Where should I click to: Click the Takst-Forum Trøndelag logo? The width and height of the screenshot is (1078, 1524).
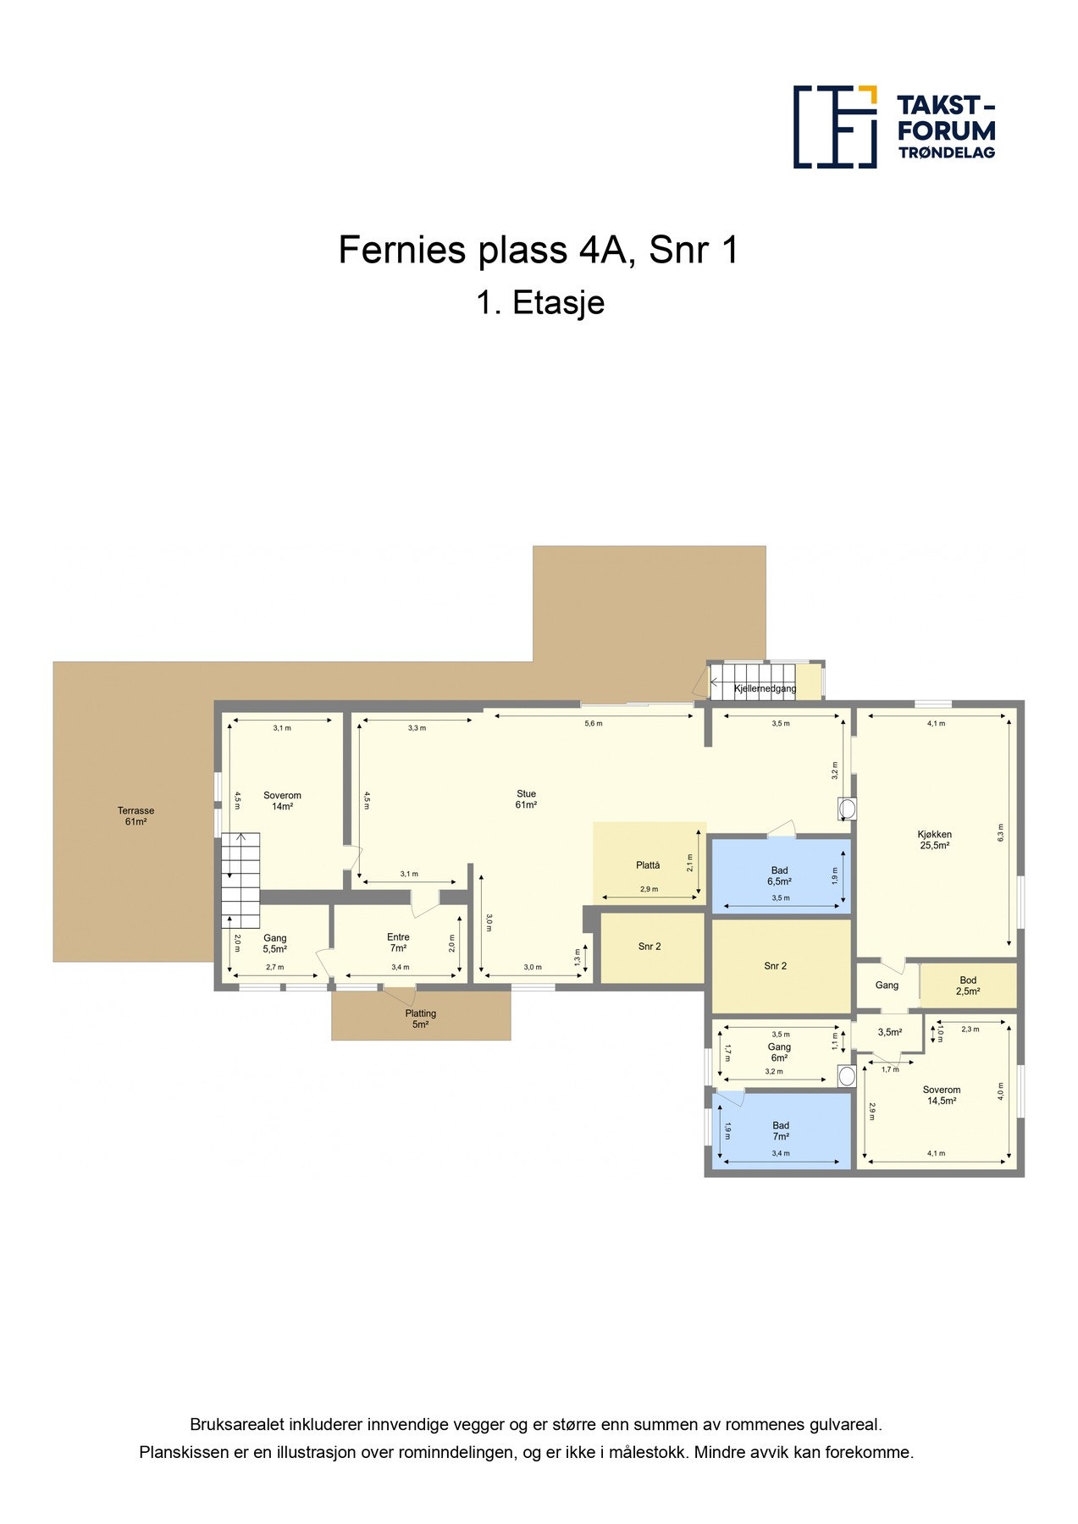[893, 127]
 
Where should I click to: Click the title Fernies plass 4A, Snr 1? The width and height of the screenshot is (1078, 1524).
[538, 251]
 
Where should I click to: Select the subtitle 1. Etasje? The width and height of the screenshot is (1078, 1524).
[539, 302]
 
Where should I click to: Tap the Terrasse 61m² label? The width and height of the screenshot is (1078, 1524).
[135, 816]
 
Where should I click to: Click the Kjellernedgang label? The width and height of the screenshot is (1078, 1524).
[765, 688]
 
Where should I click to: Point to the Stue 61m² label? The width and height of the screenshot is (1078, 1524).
[526, 799]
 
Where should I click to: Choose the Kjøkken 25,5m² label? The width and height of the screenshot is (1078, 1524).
[934, 839]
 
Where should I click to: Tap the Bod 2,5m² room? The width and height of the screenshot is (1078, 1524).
[967, 986]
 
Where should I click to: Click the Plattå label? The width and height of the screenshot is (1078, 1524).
[647, 865]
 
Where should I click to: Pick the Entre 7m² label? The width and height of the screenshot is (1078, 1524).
[398, 942]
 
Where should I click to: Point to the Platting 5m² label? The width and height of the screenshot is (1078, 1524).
[420, 1019]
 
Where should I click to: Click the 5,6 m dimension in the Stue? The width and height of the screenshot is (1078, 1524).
[593, 723]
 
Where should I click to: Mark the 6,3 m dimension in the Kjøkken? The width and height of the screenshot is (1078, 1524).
[1000, 832]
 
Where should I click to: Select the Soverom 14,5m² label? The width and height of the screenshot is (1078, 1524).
[941, 1096]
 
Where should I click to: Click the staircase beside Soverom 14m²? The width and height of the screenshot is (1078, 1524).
[240, 881]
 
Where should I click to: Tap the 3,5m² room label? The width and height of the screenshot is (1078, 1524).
[889, 1032]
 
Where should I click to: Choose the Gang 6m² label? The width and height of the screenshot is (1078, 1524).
[778, 1052]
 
